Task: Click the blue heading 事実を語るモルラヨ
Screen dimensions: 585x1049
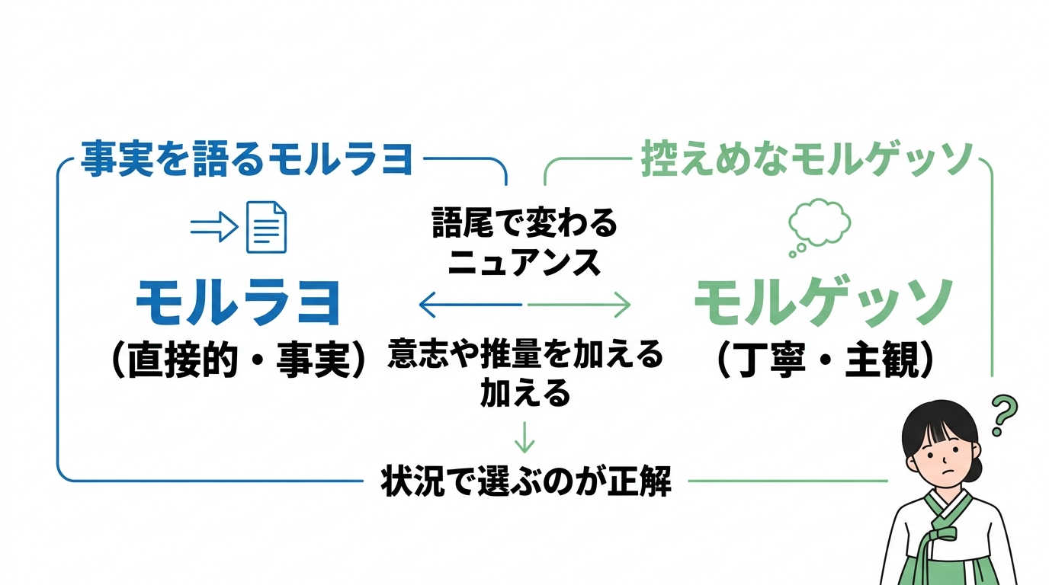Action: coord(247,160)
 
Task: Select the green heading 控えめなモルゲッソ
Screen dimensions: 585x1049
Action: coord(807,160)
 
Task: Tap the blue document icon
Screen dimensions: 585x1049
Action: coord(266,226)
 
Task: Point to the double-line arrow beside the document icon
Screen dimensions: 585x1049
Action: coord(214,226)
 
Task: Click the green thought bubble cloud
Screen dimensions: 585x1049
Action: coord(820,221)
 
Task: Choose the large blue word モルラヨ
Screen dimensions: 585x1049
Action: coord(238,303)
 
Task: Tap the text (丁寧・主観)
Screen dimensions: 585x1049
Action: coord(825,359)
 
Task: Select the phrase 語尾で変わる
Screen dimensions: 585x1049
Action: coord(524,225)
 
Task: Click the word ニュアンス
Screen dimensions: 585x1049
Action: coord(524,263)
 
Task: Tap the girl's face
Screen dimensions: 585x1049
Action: coord(941,464)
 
